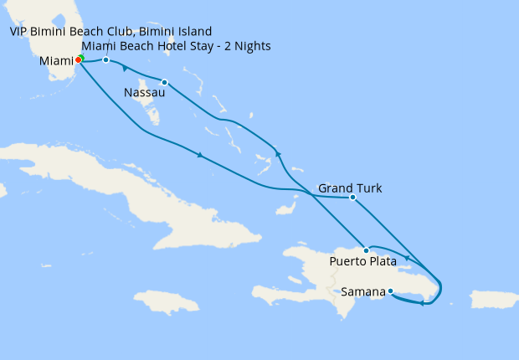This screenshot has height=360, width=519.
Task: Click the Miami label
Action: coord(55,62)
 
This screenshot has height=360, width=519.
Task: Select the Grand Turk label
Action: coord(350,188)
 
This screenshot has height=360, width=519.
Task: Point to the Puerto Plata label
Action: coord(362,263)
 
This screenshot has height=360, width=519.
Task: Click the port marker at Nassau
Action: coord(165,82)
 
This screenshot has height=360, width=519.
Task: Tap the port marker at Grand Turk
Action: coord(353,198)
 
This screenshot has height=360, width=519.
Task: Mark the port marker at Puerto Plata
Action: coord(366,250)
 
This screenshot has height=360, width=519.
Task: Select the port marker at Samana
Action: coord(390,291)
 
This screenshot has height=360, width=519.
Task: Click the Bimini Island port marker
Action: coord(105,60)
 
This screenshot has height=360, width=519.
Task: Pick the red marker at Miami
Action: coord(78,60)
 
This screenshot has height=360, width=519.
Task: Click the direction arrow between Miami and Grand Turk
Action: coord(199,155)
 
